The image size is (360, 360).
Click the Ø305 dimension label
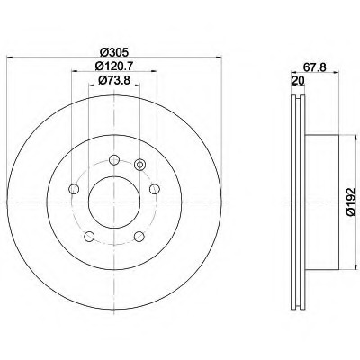tap(114, 53)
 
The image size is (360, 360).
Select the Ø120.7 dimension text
tap(114, 66)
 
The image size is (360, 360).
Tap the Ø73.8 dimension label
tap(114, 80)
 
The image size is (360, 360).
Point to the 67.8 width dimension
tap(314, 67)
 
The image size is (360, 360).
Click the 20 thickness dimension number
tap(298, 80)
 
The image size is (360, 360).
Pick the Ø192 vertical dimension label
tap(350, 202)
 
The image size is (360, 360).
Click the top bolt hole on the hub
tap(114, 160)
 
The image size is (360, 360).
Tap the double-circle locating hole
tap(139, 164)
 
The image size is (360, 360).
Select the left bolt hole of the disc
tap(74, 189)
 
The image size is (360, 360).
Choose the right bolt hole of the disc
tap(155, 189)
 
